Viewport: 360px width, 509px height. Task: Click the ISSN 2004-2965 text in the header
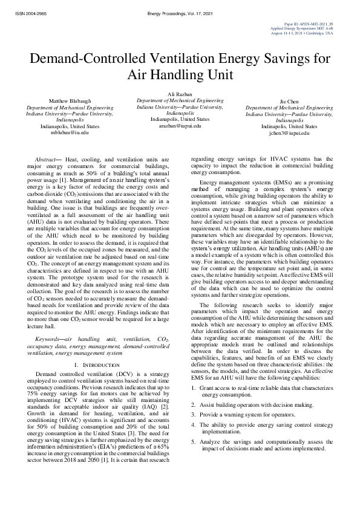coord(24,12)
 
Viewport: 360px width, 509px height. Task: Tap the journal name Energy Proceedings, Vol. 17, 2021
coord(180,12)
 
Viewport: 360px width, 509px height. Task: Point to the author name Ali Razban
coord(180,94)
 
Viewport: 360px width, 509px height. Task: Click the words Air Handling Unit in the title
coord(180,76)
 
